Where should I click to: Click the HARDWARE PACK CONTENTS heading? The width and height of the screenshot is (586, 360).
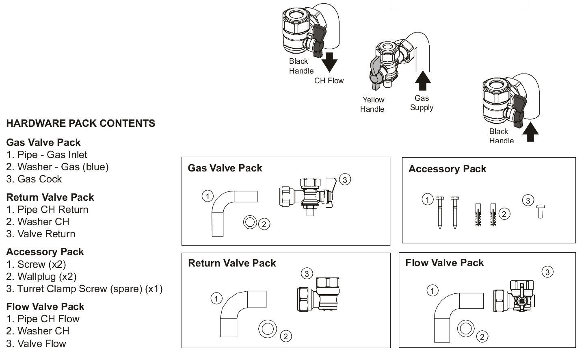tap(80, 124)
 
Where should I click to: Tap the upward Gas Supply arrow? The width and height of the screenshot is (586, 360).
tap(423, 80)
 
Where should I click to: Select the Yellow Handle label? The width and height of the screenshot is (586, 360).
tap(372, 104)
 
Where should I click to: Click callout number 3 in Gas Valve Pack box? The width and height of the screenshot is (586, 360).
tap(344, 180)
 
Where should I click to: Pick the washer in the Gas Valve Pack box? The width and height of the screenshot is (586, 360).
tap(250, 222)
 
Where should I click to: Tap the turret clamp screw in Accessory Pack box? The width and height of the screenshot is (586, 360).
tap(540, 211)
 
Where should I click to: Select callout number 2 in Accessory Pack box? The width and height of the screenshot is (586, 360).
tap(504, 214)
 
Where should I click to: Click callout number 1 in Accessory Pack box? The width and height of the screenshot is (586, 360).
tap(427, 200)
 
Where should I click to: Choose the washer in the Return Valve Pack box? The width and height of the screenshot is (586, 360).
tap(267, 328)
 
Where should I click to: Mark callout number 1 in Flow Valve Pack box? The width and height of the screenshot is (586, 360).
tap(432, 291)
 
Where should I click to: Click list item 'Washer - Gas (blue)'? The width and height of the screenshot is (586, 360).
tap(57, 167)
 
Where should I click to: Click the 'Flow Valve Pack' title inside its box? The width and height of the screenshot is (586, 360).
tap(444, 263)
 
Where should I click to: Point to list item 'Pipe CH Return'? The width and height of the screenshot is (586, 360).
tap(47, 210)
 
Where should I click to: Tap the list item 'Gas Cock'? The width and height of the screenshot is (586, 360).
tap(34, 179)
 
